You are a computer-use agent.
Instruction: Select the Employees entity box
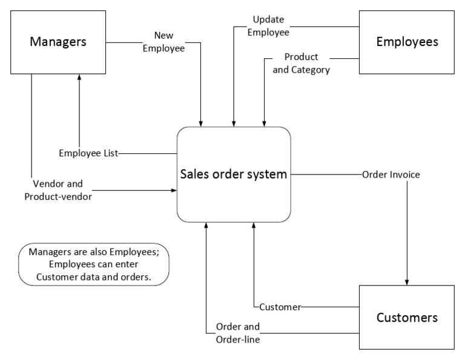pos(407,42)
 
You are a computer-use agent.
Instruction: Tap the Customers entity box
pos(407,318)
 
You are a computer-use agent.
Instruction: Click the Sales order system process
pos(233,175)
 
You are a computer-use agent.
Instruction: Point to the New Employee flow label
pos(163,42)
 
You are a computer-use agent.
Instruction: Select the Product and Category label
pos(301,63)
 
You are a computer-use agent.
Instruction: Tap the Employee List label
pos(88,153)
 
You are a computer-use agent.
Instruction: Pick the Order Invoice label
pos(391,175)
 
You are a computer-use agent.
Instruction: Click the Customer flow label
pos(280,307)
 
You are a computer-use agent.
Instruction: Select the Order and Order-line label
pos(238,333)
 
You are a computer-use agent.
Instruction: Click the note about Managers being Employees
pos(93,264)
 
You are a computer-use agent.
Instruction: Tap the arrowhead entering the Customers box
pos(407,282)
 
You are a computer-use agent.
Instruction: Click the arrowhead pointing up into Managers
pos(79,77)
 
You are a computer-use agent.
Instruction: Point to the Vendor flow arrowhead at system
pos(174,190)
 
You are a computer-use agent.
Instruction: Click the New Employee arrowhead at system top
pos(201,123)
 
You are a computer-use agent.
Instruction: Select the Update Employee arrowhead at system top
pos(233,123)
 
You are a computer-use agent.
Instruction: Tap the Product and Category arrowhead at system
pos(264,123)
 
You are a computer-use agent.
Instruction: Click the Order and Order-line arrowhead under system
pos(206,225)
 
